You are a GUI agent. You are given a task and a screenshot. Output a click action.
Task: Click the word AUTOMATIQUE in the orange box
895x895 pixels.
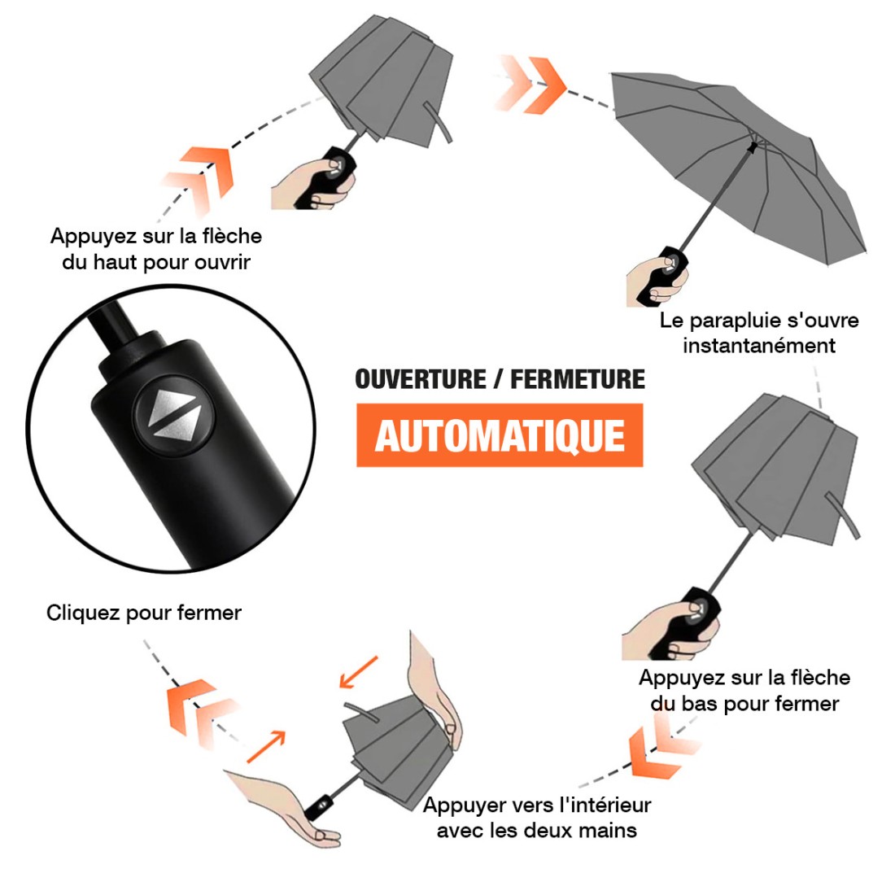click(500, 435)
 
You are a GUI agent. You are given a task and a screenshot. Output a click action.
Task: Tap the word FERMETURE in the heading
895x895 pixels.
click(578, 379)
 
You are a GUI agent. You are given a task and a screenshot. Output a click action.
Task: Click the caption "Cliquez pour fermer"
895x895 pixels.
click(144, 613)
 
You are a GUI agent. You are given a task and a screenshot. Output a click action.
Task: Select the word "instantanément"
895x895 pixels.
click(759, 346)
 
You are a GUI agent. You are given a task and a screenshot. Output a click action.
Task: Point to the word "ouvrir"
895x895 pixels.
click(222, 262)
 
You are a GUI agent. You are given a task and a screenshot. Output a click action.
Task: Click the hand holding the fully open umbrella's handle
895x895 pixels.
click(655, 281)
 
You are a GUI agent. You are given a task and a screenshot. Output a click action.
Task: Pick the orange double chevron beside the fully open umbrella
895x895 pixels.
click(533, 83)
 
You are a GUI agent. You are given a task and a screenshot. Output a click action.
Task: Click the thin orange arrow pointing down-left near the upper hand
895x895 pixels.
click(358, 672)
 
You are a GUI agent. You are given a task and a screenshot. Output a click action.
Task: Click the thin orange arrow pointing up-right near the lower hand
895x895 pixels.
click(266, 746)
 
